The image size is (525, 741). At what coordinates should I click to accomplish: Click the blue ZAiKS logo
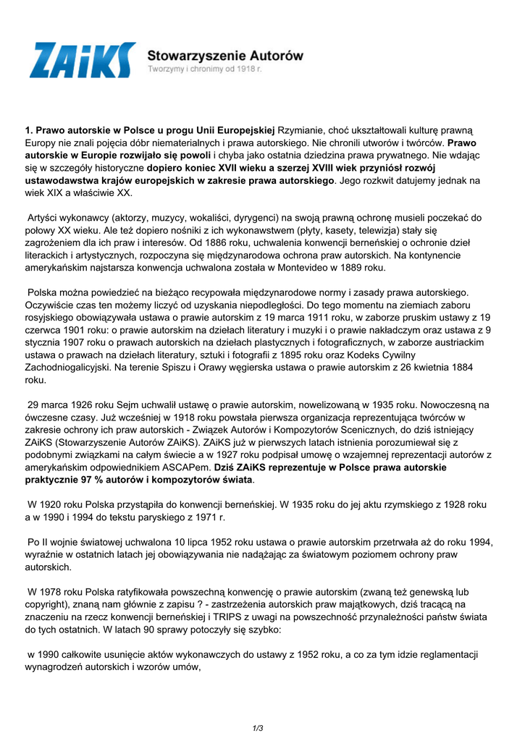[82, 60]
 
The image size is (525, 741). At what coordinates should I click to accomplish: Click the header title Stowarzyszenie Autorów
[225, 55]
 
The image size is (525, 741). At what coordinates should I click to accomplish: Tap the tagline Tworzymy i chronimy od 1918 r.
[204, 69]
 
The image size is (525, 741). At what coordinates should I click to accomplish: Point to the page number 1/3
[258, 728]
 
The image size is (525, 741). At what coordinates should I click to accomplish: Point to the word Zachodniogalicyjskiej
[74, 367]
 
